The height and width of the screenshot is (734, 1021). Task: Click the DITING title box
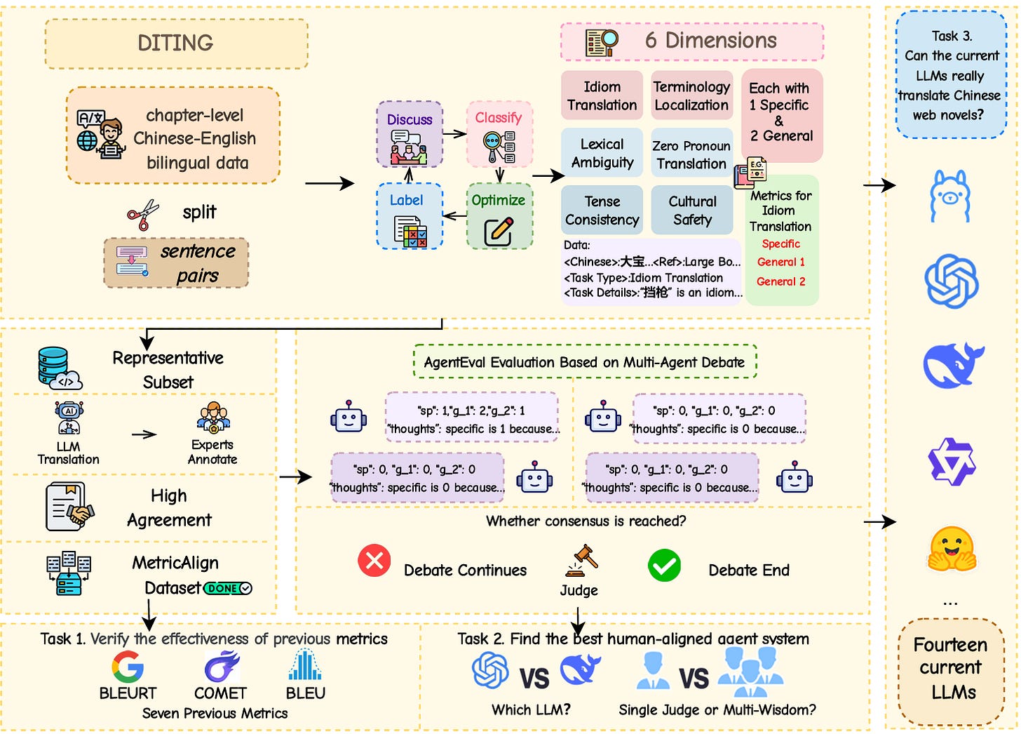click(x=176, y=44)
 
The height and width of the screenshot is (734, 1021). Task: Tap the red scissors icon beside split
click(x=143, y=214)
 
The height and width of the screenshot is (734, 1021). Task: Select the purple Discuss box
click(x=410, y=134)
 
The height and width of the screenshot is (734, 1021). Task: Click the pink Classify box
click(x=499, y=134)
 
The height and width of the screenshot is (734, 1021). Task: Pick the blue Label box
click(x=410, y=216)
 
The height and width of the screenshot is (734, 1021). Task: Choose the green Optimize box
click(x=499, y=216)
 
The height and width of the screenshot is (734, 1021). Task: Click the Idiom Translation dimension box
click(x=602, y=95)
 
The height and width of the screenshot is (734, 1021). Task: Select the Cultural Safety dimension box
click(x=692, y=210)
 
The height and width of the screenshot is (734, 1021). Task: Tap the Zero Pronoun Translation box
click(x=691, y=154)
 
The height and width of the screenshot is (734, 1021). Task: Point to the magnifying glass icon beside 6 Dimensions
click(x=602, y=42)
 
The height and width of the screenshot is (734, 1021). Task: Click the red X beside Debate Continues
click(x=374, y=561)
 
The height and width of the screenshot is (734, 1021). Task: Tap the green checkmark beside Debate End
click(x=664, y=566)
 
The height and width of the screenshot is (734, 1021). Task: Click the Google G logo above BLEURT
click(x=128, y=667)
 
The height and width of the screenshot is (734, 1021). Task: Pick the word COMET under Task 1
click(x=220, y=693)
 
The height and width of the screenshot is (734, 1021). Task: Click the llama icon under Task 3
click(x=950, y=196)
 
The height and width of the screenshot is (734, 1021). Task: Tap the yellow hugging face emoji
click(x=951, y=549)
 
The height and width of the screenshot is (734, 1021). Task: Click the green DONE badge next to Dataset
click(x=228, y=588)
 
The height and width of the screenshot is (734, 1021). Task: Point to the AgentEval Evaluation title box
click(x=585, y=362)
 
